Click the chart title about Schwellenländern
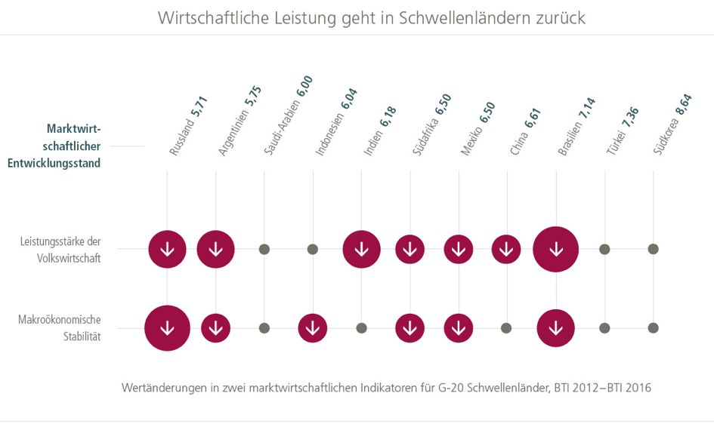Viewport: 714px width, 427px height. pyautogui.click(x=372, y=17)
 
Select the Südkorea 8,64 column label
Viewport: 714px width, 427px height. pyautogui.click(x=673, y=124)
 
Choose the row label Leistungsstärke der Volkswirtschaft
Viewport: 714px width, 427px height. pyautogui.click(x=61, y=249)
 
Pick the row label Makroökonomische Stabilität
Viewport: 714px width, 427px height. pyautogui.click(x=60, y=328)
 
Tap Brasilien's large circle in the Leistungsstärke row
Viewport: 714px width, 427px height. pyautogui.click(x=556, y=249)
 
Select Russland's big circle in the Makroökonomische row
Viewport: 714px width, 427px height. pyautogui.click(x=167, y=328)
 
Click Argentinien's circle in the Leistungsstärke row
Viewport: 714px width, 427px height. pyautogui.click(x=216, y=249)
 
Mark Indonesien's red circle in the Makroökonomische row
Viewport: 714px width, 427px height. pyautogui.click(x=313, y=328)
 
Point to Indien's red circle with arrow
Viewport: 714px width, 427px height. pyautogui.click(x=362, y=249)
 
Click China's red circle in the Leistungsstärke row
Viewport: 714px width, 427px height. pyautogui.click(x=506, y=249)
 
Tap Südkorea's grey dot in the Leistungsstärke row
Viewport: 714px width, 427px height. pyautogui.click(x=654, y=249)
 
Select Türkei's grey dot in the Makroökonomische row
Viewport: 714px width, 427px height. pyautogui.click(x=604, y=328)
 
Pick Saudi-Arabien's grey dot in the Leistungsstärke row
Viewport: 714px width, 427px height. pyautogui.click(x=264, y=249)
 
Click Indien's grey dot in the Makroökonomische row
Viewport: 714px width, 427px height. pyautogui.click(x=362, y=328)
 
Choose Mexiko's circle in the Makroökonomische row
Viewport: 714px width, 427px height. pyautogui.click(x=458, y=328)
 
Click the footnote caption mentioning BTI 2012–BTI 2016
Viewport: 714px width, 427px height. pyautogui.click(x=385, y=389)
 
